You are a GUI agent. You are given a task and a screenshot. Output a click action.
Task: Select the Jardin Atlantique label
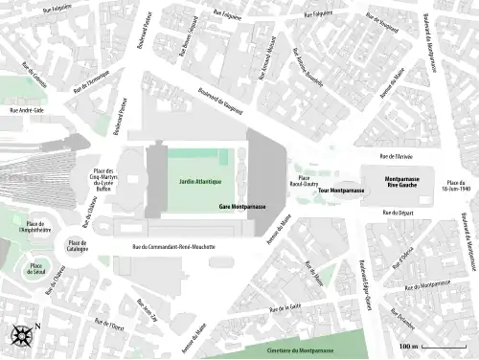point(199,181)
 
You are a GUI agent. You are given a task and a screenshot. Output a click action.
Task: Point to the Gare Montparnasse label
point(242,207)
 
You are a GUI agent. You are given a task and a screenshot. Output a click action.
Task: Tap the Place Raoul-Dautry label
point(304,181)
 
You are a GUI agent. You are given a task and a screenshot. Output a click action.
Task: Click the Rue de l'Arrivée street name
point(396,155)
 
